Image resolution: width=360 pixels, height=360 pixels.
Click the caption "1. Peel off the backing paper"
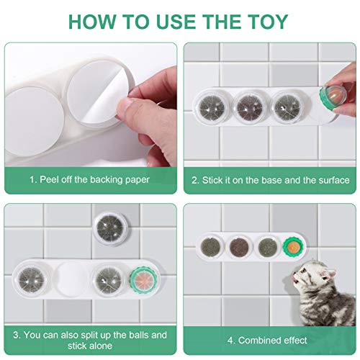click(89, 179)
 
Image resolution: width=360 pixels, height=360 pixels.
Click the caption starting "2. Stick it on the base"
click(270, 179)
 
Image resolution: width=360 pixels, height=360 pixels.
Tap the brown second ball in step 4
click(239, 245)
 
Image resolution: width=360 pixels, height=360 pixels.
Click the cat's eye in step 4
click(320, 272)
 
